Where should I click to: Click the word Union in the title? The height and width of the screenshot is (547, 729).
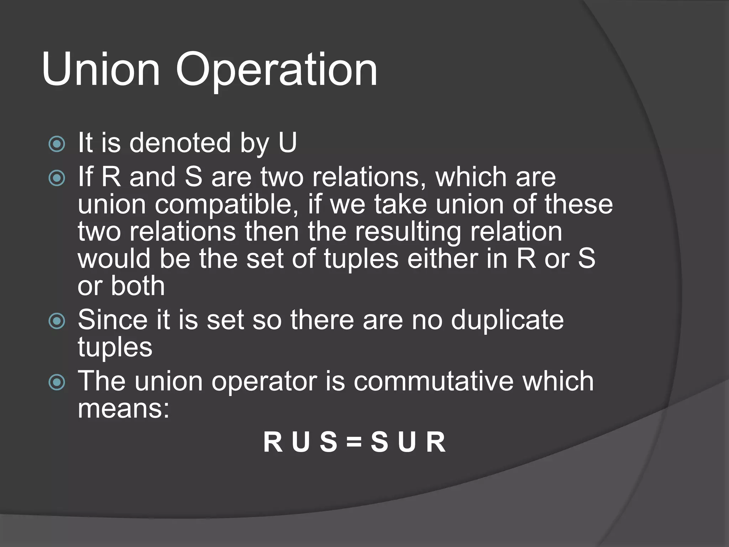101,69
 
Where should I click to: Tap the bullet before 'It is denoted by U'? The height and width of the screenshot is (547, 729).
57,144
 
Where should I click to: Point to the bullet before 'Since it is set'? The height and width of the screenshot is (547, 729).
57,321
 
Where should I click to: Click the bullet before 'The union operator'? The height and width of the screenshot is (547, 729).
57,382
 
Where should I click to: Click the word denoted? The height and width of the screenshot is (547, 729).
180,143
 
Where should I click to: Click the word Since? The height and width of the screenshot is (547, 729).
112,319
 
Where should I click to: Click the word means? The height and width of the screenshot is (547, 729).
120,408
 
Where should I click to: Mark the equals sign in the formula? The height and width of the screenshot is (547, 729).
354,443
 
